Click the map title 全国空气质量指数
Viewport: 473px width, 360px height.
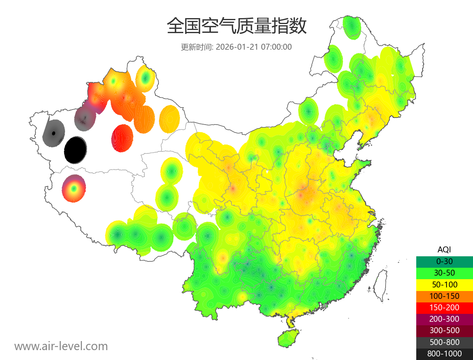point(236,26)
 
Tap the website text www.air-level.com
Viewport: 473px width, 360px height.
point(61,346)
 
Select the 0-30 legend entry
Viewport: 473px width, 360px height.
point(444,261)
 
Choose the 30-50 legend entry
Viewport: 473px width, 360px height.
point(444,272)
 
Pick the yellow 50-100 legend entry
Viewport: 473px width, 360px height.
point(444,284)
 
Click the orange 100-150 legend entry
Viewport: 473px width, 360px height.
point(444,296)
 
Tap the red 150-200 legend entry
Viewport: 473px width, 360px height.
point(444,307)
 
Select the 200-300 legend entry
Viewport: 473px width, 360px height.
point(444,319)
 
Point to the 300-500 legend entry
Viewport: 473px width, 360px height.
point(444,330)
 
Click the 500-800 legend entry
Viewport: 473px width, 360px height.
point(444,342)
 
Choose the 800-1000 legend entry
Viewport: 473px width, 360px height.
point(444,354)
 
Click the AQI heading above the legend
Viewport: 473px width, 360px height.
point(444,249)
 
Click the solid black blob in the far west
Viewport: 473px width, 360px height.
point(75,150)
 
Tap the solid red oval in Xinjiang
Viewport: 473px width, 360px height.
point(122,138)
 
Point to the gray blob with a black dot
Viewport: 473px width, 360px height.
point(54,133)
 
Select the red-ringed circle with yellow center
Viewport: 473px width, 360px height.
point(74,188)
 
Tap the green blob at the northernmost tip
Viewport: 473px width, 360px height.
point(352,27)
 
